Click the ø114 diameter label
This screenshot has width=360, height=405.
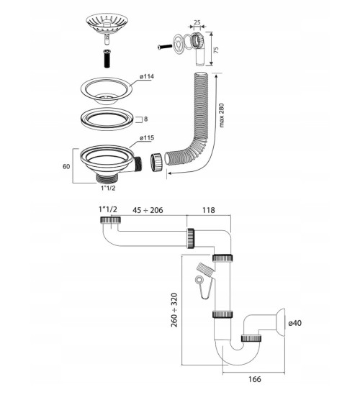(x=147, y=76)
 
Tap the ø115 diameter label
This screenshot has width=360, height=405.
(x=147, y=138)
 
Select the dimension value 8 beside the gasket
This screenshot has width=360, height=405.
(x=146, y=119)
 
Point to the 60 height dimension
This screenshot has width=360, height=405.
(x=66, y=167)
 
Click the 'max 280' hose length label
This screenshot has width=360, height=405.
(x=222, y=115)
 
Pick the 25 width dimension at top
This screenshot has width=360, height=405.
(x=197, y=22)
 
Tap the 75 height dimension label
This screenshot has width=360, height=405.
(x=216, y=50)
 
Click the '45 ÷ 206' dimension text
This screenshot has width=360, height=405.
(x=148, y=210)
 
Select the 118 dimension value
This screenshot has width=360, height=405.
(x=208, y=210)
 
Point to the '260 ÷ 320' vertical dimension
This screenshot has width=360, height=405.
(x=174, y=310)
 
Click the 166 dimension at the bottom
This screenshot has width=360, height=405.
(x=255, y=379)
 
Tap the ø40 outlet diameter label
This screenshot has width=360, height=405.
(x=295, y=323)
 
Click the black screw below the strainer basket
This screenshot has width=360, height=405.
(x=107, y=59)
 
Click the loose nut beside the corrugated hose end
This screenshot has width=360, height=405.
(x=156, y=162)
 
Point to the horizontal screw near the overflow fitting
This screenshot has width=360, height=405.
(x=165, y=47)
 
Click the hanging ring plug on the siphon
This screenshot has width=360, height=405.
(x=204, y=287)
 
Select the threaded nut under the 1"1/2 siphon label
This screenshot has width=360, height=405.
(x=110, y=220)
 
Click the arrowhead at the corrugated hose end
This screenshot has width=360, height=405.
(x=169, y=173)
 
